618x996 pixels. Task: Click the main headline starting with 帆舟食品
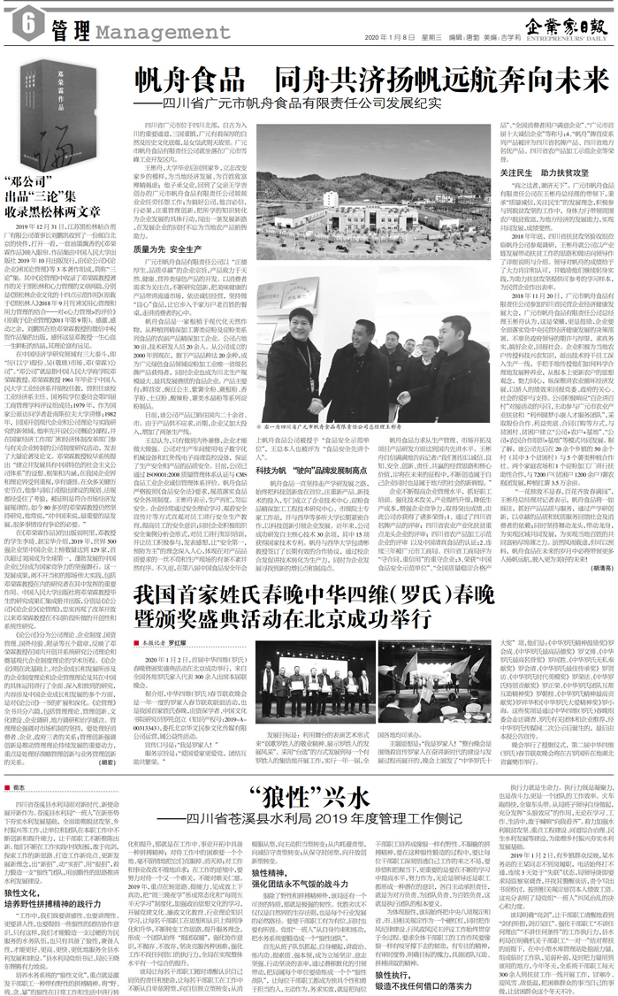click(x=371, y=80)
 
